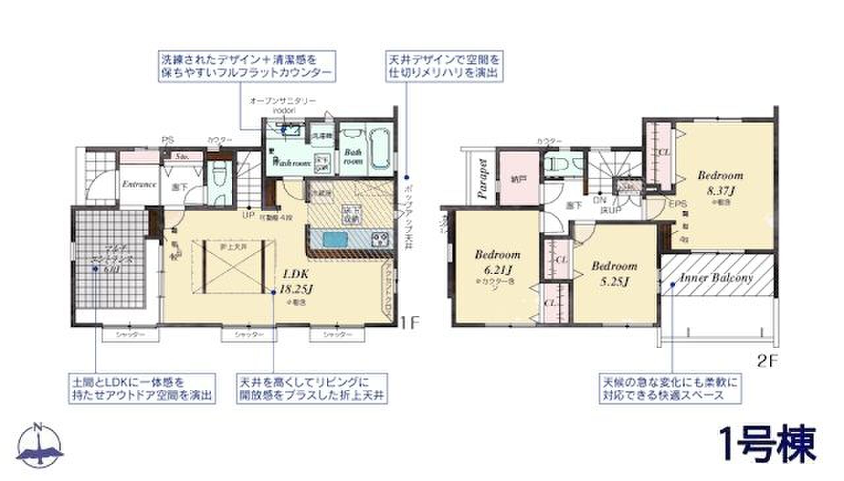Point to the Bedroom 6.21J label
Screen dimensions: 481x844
pyautogui.click(x=497, y=262)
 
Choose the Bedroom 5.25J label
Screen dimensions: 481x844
pyautogui.click(x=614, y=273)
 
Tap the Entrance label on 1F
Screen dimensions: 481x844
pyautogui.click(x=139, y=184)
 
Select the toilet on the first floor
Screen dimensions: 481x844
pyautogui.click(x=218, y=177)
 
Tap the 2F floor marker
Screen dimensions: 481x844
pyautogui.click(x=768, y=360)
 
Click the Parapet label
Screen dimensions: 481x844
pyautogui.click(x=482, y=179)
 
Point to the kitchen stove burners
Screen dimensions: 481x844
pyautogui.click(x=380, y=238)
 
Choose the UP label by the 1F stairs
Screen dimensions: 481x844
pyautogui.click(x=249, y=215)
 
